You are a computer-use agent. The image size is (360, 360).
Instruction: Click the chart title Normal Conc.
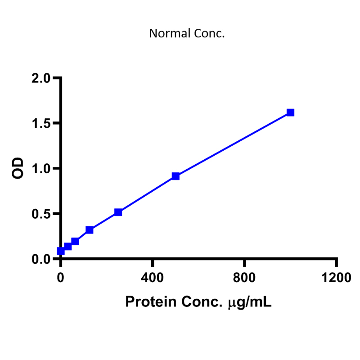coord(187,34)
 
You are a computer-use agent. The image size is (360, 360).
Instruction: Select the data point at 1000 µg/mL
coord(290,112)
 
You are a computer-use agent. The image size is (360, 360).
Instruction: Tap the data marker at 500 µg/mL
coord(175,176)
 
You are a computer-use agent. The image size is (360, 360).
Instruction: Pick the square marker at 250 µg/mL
coord(118,212)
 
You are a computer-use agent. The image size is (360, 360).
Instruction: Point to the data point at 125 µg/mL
coord(89,230)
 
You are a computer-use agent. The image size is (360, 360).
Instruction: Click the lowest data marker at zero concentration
coord(61,251)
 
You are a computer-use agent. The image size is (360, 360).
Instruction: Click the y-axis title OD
coord(18,168)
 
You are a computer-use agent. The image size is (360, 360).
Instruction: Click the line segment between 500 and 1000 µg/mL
coord(233,144)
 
